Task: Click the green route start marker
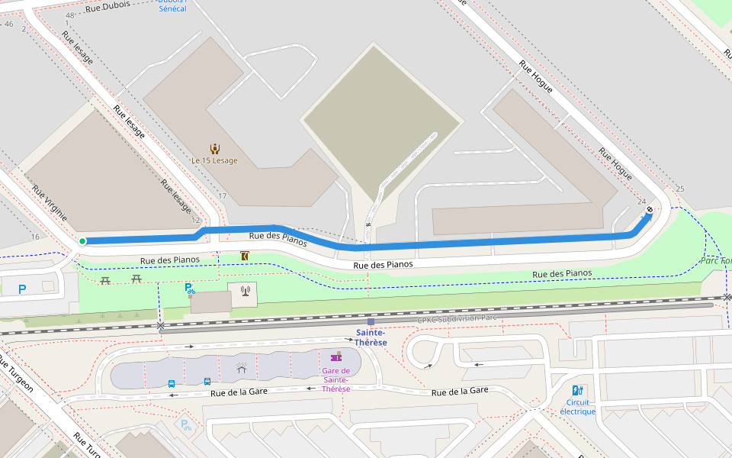[x=82, y=241]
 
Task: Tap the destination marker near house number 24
[x=650, y=210]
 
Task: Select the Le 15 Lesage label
[x=214, y=161]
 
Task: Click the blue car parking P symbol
[x=21, y=289]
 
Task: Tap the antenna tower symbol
[x=245, y=290]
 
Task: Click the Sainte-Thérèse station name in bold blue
[x=371, y=337]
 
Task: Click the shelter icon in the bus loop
[x=241, y=369]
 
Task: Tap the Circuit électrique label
[x=577, y=407]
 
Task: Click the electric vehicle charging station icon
[x=577, y=390]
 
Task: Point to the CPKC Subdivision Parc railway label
[x=457, y=319]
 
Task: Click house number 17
[x=223, y=197]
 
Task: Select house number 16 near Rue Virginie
[x=35, y=237]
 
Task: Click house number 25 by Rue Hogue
[x=680, y=189]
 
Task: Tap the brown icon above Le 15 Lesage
[x=215, y=148]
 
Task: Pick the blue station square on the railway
[x=371, y=322]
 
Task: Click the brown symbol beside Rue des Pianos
[x=244, y=256]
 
